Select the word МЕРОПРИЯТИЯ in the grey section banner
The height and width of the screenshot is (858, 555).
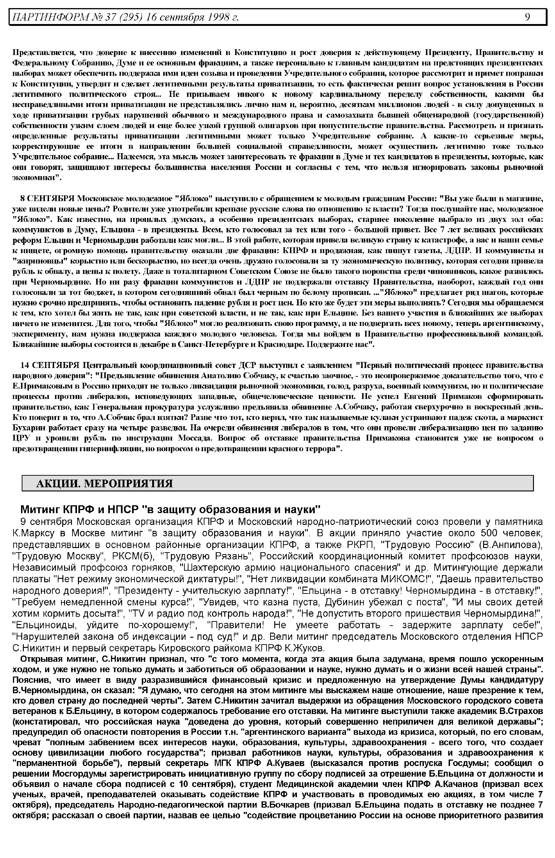128,483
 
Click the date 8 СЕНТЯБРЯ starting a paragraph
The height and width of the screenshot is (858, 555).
48,199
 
